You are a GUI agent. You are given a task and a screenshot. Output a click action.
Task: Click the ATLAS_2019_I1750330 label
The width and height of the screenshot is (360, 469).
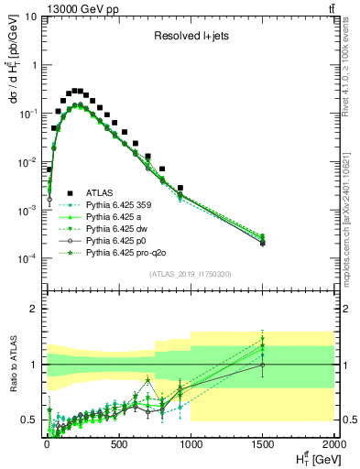click(x=189, y=273)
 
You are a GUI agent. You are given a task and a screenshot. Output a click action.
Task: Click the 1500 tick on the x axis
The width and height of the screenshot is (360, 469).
click(x=263, y=445)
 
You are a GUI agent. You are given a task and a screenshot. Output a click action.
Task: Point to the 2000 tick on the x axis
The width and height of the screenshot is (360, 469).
click(x=333, y=445)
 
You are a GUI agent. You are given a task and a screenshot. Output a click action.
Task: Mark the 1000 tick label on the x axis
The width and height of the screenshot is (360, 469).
click(x=191, y=445)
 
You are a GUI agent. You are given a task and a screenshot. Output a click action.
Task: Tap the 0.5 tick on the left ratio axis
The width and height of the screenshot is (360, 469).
click(x=29, y=420)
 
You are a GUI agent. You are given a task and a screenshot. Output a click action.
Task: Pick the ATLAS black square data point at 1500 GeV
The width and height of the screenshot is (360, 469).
click(x=263, y=243)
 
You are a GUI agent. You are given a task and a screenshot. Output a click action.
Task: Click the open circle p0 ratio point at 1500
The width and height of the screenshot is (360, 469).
click(x=263, y=365)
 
